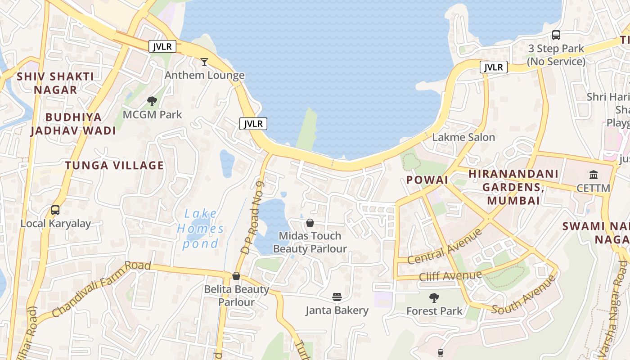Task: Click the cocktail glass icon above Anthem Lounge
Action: [x=204, y=62]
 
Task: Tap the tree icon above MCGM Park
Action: [x=152, y=101]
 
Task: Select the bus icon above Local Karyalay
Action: [x=55, y=210]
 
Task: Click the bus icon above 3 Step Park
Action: [x=556, y=35]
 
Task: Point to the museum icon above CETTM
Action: [x=594, y=175]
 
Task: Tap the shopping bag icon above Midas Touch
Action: [x=310, y=222]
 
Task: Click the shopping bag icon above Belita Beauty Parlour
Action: [x=236, y=275]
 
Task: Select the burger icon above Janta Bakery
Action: [x=337, y=297]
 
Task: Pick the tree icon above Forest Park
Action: [x=434, y=297]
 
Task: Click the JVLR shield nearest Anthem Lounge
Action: [x=162, y=46]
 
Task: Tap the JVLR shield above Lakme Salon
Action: [x=494, y=67]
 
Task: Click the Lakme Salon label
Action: [x=463, y=137]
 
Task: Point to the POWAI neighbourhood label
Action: [x=427, y=180]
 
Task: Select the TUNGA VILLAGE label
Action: [x=115, y=166]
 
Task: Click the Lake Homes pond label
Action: [x=200, y=229]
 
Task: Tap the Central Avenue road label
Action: [x=445, y=247]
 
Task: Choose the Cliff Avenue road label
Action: [x=450, y=275]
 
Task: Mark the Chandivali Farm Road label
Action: [x=101, y=288]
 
